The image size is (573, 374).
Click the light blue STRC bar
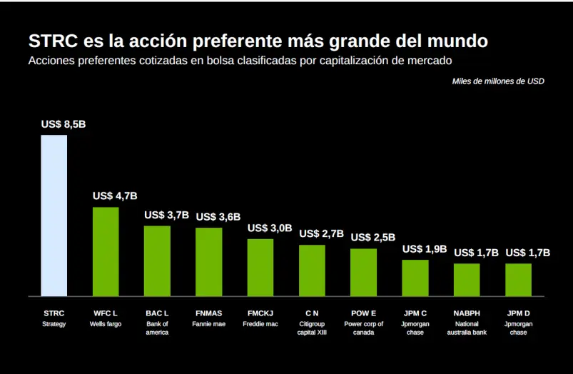tap(54, 215)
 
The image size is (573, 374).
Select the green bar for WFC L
tap(106, 251)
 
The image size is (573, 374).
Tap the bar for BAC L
tap(157, 261)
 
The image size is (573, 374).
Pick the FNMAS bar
tap(208, 261)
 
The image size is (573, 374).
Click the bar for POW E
tap(363, 272)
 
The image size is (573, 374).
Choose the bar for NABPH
tap(467, 279)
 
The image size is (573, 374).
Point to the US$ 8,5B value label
tap(64, 124)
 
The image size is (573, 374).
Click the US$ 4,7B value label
tap(115, 196)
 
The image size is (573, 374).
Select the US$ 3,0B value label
tap(270, 228)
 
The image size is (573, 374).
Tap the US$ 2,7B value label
tap(321, 233)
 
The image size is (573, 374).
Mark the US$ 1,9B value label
tap(425, 249)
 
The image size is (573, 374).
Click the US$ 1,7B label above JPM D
tap(528, 253)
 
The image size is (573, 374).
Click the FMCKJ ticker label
tap(260, 313)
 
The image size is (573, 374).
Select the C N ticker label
tap(312, 313)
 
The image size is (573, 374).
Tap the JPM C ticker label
tap(415, 313)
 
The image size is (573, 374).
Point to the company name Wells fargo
tap(106, 324)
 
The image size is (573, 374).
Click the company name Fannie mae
tap(208, 324)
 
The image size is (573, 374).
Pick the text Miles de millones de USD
tap(498, 81)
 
